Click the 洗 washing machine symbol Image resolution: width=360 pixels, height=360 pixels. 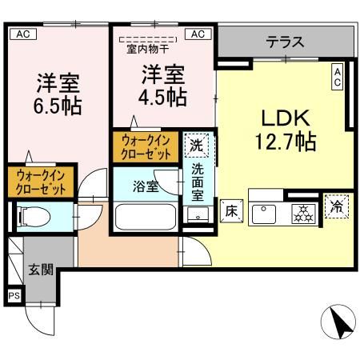click(x=196, y=146)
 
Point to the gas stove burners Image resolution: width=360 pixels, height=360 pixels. click(x=302, y=212)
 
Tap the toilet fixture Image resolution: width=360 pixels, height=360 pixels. click(x=34, y=216)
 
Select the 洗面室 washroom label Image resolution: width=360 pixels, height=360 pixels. click(x=197, y=183)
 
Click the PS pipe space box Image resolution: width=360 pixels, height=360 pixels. click(x=14, y=296)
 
